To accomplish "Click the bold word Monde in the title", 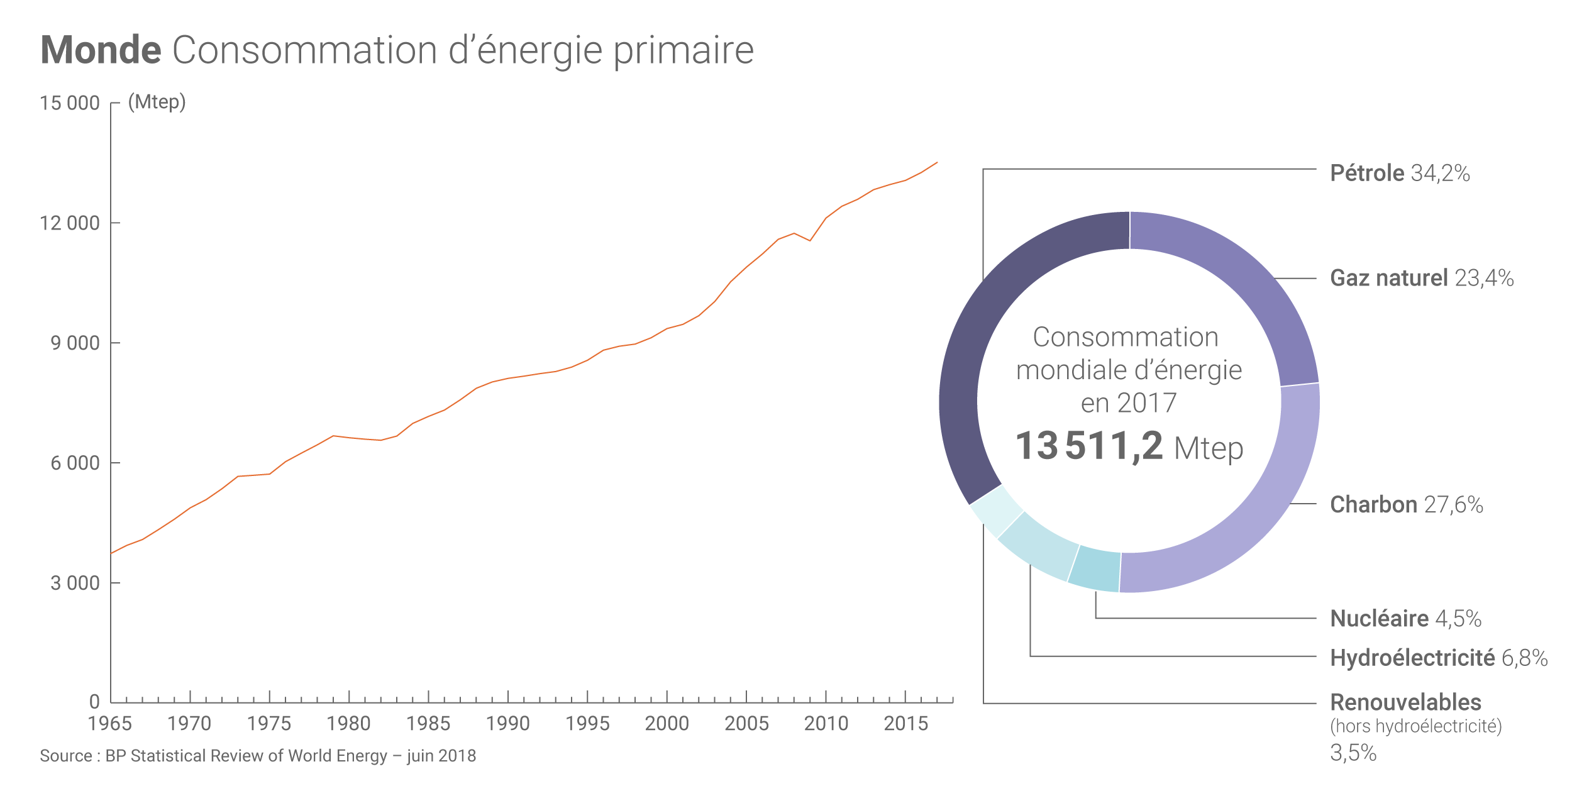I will (x=101, y=50).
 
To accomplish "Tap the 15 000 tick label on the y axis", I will (x=70, y=103).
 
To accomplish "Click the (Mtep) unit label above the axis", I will (x=157, y=102).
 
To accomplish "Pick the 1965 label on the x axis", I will (x=110, y=724).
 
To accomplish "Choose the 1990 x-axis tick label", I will (x=508, y=724).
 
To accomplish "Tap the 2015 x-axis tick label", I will (x=906, y=724).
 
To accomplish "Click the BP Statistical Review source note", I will (x=258, y=756).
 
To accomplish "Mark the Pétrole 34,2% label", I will (x=1400, y=174).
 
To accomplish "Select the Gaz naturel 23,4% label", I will (x=1422, y=278).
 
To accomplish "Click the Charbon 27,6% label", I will (x=1407, y=505).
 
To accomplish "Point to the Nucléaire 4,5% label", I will (x=1406, y=619).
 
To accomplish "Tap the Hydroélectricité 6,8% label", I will (x=1439, y=658).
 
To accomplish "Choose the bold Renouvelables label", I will (x=1406, y=702).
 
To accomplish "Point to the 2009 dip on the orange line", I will (x=810, y=241).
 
